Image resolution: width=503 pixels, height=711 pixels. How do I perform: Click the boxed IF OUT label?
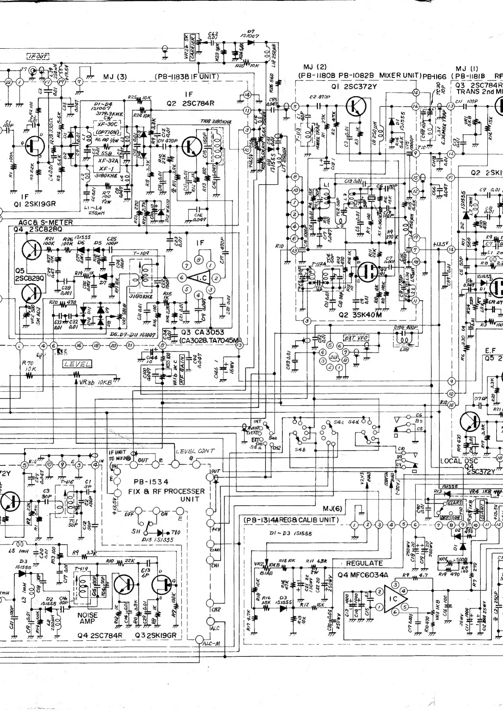(x=38, y=56)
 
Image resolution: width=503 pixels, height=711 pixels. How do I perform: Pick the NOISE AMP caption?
(x=88, y=618)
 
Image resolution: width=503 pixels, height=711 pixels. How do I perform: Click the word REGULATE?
(x=364, y=563)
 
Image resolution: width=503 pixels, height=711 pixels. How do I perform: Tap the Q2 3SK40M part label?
(x=360, y=315)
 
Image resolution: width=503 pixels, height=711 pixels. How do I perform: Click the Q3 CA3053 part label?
(x=202, y=332)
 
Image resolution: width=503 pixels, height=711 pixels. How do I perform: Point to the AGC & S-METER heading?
(x=46, y=222)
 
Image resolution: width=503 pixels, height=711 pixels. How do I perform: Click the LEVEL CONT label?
(x=195, y=451)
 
